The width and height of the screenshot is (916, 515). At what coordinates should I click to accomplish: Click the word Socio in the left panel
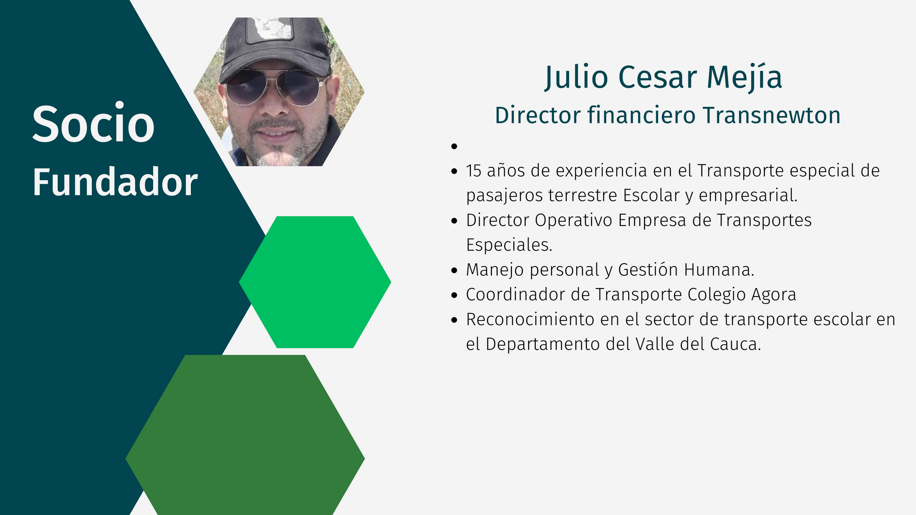[x=94, y=124]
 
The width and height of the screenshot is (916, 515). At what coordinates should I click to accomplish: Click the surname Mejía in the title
[x=744, y=78]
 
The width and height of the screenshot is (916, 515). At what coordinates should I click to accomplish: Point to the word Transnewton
[x=771, y=115]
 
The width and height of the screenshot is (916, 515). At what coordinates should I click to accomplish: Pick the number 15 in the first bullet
[x=474, y=171]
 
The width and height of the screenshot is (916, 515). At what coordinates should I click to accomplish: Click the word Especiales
[x=509, y=245]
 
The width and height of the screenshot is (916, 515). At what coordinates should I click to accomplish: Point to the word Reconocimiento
[x=530, y=319]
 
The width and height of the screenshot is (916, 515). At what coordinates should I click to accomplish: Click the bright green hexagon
[x=315, y=282]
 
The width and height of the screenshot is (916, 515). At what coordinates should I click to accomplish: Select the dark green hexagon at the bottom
[x=245, y=435]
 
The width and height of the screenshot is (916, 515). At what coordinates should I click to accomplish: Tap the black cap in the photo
[x=274, y=45]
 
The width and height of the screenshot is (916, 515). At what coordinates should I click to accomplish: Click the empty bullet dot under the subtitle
[x=454, y=146]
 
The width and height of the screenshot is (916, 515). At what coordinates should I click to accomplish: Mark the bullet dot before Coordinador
[x=454, y=295]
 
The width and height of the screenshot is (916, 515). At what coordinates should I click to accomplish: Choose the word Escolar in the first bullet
[x=651, y=196]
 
